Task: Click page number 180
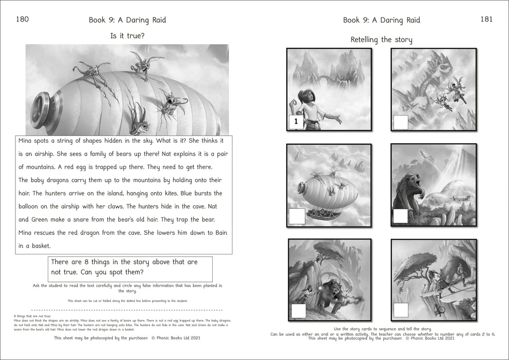click(x=22, y=19)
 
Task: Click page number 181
click(x=486, y=19)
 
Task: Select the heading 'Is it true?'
click(x=127, y=36)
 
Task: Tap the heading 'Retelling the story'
click(x=381, y=40)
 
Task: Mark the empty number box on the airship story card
click(x=297, y=216)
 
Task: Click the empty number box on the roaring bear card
click(x=401, y=216)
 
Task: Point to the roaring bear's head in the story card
click(x=412, y=180)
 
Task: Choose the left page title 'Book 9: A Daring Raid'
click(x=127, y=20)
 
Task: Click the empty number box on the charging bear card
click(x=299, y=311)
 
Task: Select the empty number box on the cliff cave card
click(x=401, y=311)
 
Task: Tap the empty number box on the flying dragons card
click(x=401, y=122)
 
